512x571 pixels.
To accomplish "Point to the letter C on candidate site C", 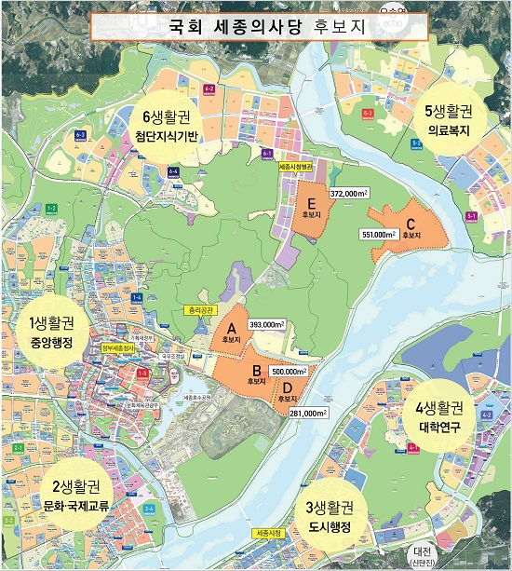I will coord(411,224).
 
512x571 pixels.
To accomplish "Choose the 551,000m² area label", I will coord(379,234).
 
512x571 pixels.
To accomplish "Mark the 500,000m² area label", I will coord(290,371).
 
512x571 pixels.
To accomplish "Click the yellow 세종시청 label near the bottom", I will coord(268,534).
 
